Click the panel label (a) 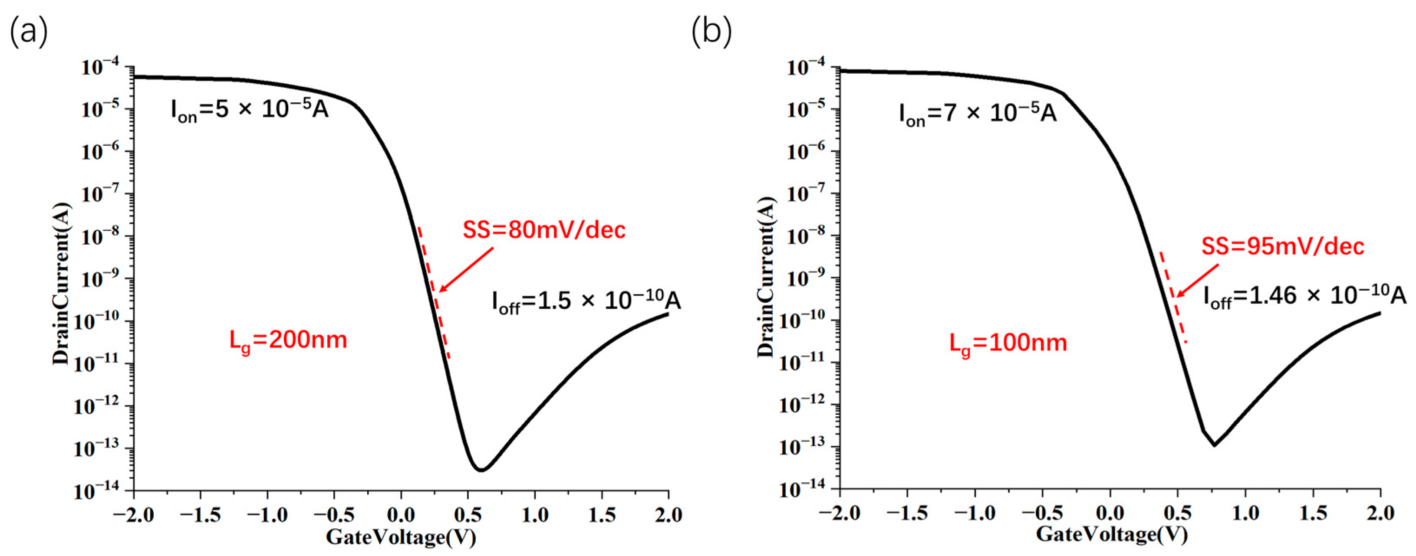(x=29, y=31)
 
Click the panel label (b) (x=711, y=31)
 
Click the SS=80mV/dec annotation (x=543, y=230)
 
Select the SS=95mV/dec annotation (x=1282, y=246)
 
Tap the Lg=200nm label (x=288, y=340)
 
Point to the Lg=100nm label (x=1008, y=343)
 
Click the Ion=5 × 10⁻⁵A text (x=250, y=111)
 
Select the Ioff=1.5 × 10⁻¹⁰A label (x=586, y=301)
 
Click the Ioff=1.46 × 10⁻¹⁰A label (x=1304, y=296)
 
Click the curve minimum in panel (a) (x=481, y=470)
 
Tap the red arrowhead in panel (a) (x=442, y=289)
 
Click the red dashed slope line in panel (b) (x=1173, y=298)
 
